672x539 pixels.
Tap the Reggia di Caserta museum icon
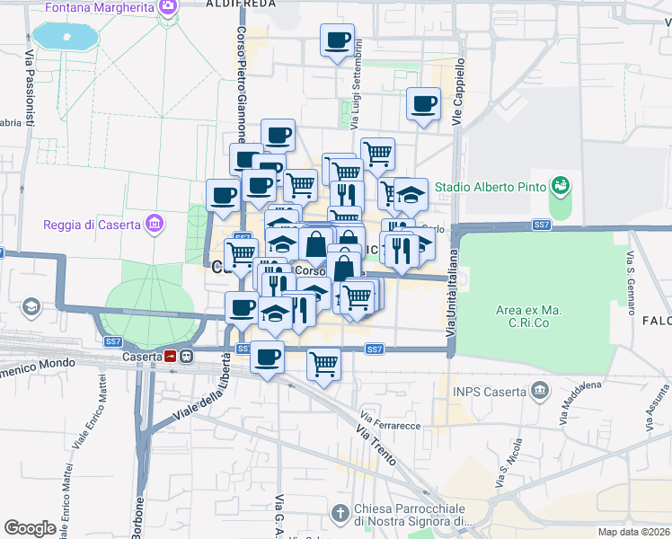pos(155,223)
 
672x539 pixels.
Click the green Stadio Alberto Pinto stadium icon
pos(561,187)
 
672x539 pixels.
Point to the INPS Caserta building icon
pos(539,390)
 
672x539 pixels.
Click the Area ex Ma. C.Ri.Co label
pos(528,316)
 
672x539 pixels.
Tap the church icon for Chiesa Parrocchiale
pos(340,513)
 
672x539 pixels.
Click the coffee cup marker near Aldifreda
pos(337,40)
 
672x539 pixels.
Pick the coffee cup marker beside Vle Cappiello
pos(422,104)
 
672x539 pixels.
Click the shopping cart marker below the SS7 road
pos(323,364)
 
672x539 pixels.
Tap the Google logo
pos(30,528)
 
